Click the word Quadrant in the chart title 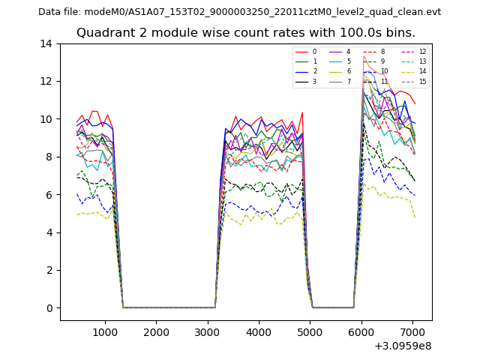[x=103, y=33]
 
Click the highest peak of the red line [x=364, y=56]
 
